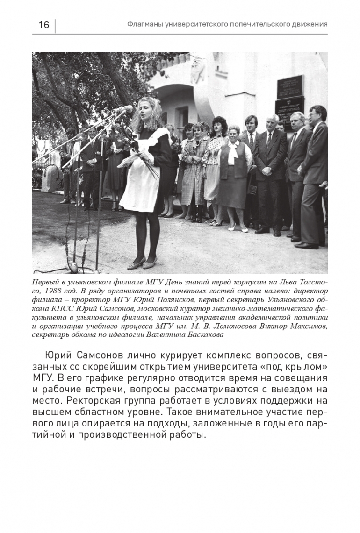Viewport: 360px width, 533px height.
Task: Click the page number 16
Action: point(43,25)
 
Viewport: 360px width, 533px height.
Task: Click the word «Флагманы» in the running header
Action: point(145,24)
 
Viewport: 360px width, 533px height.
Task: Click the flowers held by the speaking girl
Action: point(134,149)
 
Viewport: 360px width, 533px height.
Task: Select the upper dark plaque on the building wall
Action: point(289,86)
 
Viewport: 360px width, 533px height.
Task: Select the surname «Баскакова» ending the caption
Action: point(196,334)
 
